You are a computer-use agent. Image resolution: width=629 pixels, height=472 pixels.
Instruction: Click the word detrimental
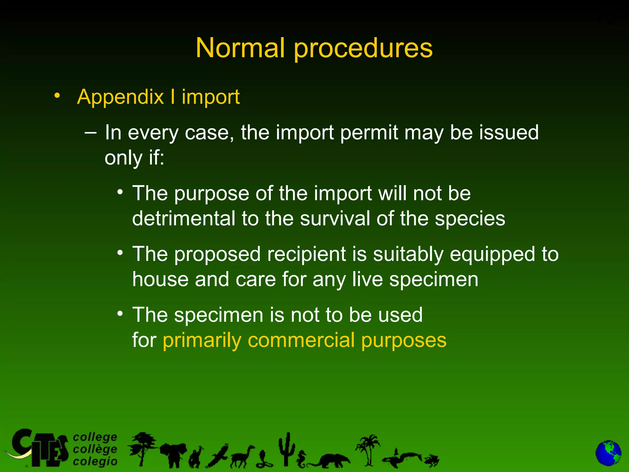pos(183,218)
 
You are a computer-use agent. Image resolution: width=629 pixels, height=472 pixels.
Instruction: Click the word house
pos(160,279)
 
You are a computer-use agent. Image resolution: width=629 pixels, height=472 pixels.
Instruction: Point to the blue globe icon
pos(608,453)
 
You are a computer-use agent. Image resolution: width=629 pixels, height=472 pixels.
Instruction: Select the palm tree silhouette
pos(368,449)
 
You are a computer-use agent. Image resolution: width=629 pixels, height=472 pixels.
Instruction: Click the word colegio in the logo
pos(95,461)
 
